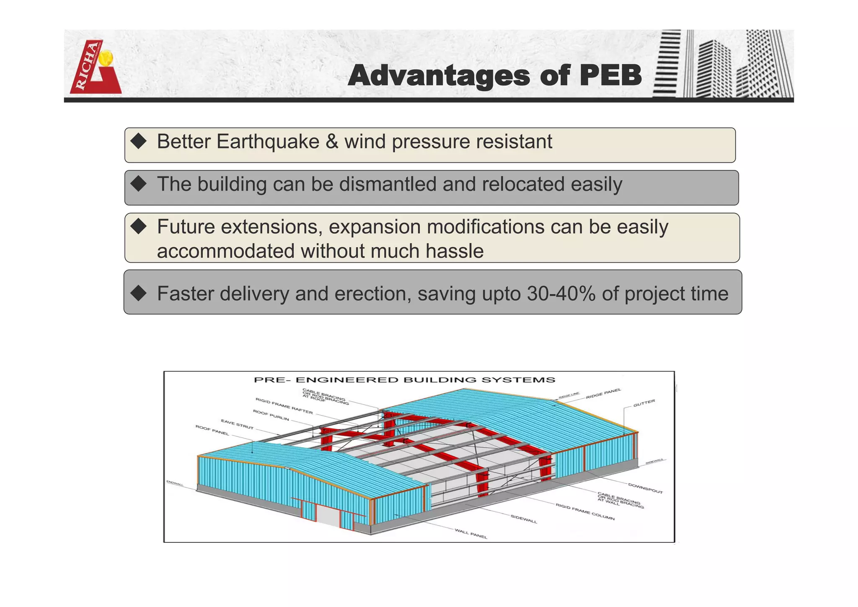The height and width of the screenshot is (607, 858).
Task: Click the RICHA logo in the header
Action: click(95, 67)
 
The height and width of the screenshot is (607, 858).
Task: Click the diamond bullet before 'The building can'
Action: click(138, 184)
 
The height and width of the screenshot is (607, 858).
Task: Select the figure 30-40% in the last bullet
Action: click(561, 293)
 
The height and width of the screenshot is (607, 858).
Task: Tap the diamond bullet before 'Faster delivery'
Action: click(138, 293)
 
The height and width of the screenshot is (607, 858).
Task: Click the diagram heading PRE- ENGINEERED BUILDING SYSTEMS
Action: click(404, 380)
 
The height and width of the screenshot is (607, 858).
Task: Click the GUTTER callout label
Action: click(644, 403)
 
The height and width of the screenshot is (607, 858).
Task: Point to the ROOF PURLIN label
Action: click(271, 415)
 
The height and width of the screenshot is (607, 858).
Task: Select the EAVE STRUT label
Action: click(237, 424)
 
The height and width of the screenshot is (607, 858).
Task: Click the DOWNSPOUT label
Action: click(645, 488)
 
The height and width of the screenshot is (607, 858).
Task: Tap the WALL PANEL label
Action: click(471, 534)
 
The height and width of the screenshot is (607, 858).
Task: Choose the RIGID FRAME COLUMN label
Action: click(585, 512)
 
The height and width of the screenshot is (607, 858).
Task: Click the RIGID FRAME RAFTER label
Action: click(284, 406)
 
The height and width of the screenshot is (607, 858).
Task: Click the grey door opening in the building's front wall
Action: click(328, 516)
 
